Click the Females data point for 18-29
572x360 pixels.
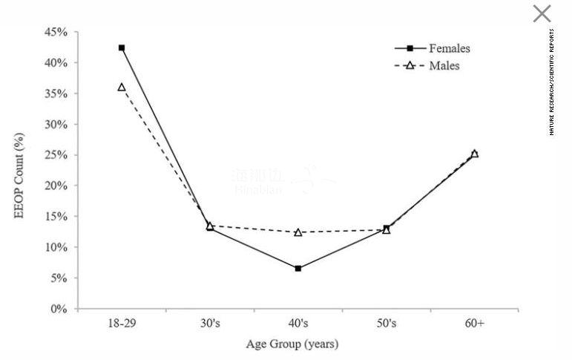pyautogui.click(x=122, y=48)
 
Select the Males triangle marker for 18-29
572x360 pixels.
pyautogui.click(x=122, y=87)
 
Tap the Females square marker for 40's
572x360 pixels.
pyautogui.click(x=298, y=268)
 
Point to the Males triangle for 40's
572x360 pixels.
pyautogui.click(x=298, y=232)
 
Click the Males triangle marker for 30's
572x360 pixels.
pyautogui.click(x=210, y=226)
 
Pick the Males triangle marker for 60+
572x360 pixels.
pyautogui.click(x=475, y=154)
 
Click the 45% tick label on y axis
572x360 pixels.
pyautogui.click(x=56, y=33)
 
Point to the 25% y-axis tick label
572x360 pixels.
pyautogui.click(x=56, y=155)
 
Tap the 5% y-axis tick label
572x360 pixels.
pyautogui.click(x=59, y=278)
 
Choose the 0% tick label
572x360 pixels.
pyautogui.click(x=59, y=309)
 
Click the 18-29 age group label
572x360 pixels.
pyautogui.click(x=122, y=324)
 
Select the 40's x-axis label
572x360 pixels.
pyautogui.click(x=298, y=324)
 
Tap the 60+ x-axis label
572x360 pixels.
pyautogui.click(x=475, y=324)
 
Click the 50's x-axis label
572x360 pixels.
pyautogui.click(x=387, y=324)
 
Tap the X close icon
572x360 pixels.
pyautogui.click(x=542, y=13)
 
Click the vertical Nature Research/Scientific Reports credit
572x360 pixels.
pyautogui.click(x=552, y=82)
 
